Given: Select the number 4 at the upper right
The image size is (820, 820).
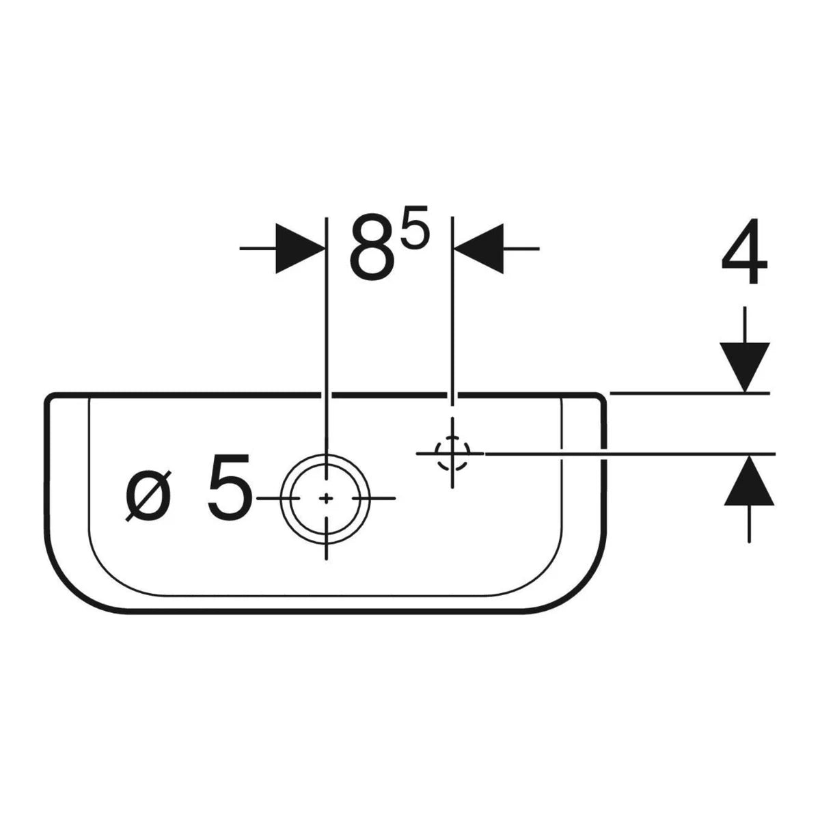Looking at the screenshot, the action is (x=744, y=251).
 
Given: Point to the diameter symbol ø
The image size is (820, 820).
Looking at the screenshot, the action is (x=148, y=495).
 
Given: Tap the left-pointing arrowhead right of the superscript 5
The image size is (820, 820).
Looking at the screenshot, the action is (x=479, y=249).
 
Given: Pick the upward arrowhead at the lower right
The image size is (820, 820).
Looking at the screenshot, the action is (x=749, y=480).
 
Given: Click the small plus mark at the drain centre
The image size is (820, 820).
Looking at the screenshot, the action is (x=326, y=498).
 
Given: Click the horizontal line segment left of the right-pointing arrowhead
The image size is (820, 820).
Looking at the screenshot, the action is (x=258, y=249).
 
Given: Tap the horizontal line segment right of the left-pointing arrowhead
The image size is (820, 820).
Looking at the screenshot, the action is (x=521, y=249).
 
